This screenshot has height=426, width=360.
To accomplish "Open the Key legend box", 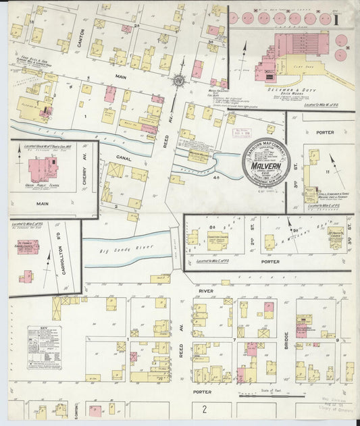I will click(x=44, y=347).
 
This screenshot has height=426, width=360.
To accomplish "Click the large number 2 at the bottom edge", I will click(x=203, y=408).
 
